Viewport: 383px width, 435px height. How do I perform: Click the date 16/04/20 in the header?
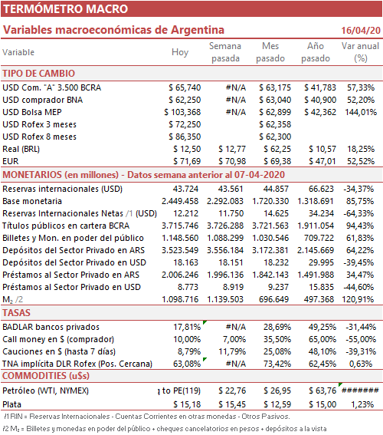[361, 30]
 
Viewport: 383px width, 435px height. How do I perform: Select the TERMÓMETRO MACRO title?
[65, 9]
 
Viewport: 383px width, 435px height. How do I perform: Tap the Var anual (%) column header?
[360, 52]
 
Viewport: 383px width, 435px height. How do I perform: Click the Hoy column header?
[180, 52]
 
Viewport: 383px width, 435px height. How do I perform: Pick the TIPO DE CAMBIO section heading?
[39, 74]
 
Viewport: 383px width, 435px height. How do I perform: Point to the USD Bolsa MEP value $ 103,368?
[182, 112]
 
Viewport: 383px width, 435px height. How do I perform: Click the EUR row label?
[11, 161]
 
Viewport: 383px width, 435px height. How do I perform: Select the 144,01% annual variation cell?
[361, 112]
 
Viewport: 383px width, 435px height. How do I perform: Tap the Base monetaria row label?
[32, 201]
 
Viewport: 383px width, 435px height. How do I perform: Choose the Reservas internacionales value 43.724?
[185, 189]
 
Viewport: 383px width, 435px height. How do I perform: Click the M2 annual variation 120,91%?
[358, 299]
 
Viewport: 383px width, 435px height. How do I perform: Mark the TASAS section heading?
[16, 313]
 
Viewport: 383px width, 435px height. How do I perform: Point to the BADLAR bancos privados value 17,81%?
[187, 327]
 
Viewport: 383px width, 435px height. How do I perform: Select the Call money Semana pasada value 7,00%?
[234, 339]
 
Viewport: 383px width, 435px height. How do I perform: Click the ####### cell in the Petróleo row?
[360, 391]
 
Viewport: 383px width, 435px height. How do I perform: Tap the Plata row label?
[12, 404]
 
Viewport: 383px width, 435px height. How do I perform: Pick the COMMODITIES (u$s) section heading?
[46, 376]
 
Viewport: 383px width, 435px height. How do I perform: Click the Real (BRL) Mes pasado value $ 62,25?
[277, 149]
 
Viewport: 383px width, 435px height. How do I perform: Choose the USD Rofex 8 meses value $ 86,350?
[185, 137]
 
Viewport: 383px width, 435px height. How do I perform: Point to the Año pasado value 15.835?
[321, 287]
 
